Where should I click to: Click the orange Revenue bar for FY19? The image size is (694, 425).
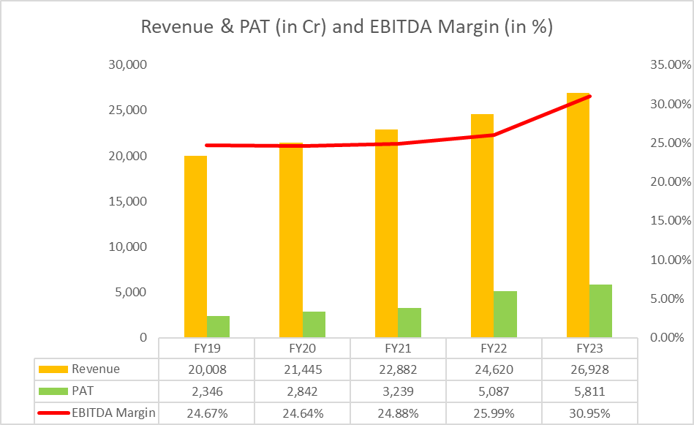click(x=195, y=247)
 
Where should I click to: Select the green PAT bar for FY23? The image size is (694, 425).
click(x=600, y=311)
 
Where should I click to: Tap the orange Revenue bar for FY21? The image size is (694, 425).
click(x=386, y=233)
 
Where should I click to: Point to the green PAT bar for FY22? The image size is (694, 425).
click(x=505, y=315)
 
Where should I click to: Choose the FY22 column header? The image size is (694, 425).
click(x=494, y=348)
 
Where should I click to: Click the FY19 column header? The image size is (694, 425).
click(x=207, y=348)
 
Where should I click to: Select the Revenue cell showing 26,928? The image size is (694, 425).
click(x=589, y=369)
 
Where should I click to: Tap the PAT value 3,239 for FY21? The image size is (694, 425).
click(x=398, y=391)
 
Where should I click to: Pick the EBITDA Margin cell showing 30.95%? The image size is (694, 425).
click(x=589, y=413)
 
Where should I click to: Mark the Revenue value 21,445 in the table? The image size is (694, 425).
click(x=302, y=369)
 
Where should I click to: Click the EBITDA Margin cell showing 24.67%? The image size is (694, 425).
click(x=207, y=413)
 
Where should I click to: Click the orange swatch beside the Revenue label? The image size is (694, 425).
click(x=53, y=369)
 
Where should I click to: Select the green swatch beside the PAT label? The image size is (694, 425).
click(x=53, y=391)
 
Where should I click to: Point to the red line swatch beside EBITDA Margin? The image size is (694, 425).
click(x=53, y=413)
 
